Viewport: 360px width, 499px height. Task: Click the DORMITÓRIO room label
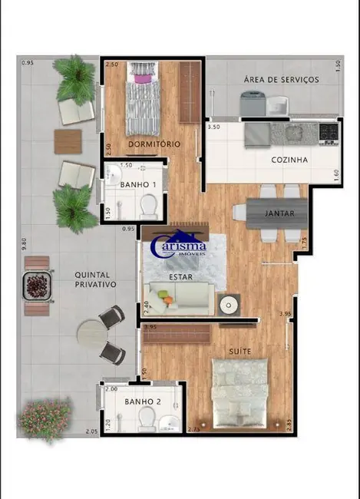[154, 144]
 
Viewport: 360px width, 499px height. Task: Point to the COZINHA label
[289, 160]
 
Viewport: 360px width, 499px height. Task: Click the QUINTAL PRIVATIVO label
[95, 279]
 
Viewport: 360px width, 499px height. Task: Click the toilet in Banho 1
[149, 204]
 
